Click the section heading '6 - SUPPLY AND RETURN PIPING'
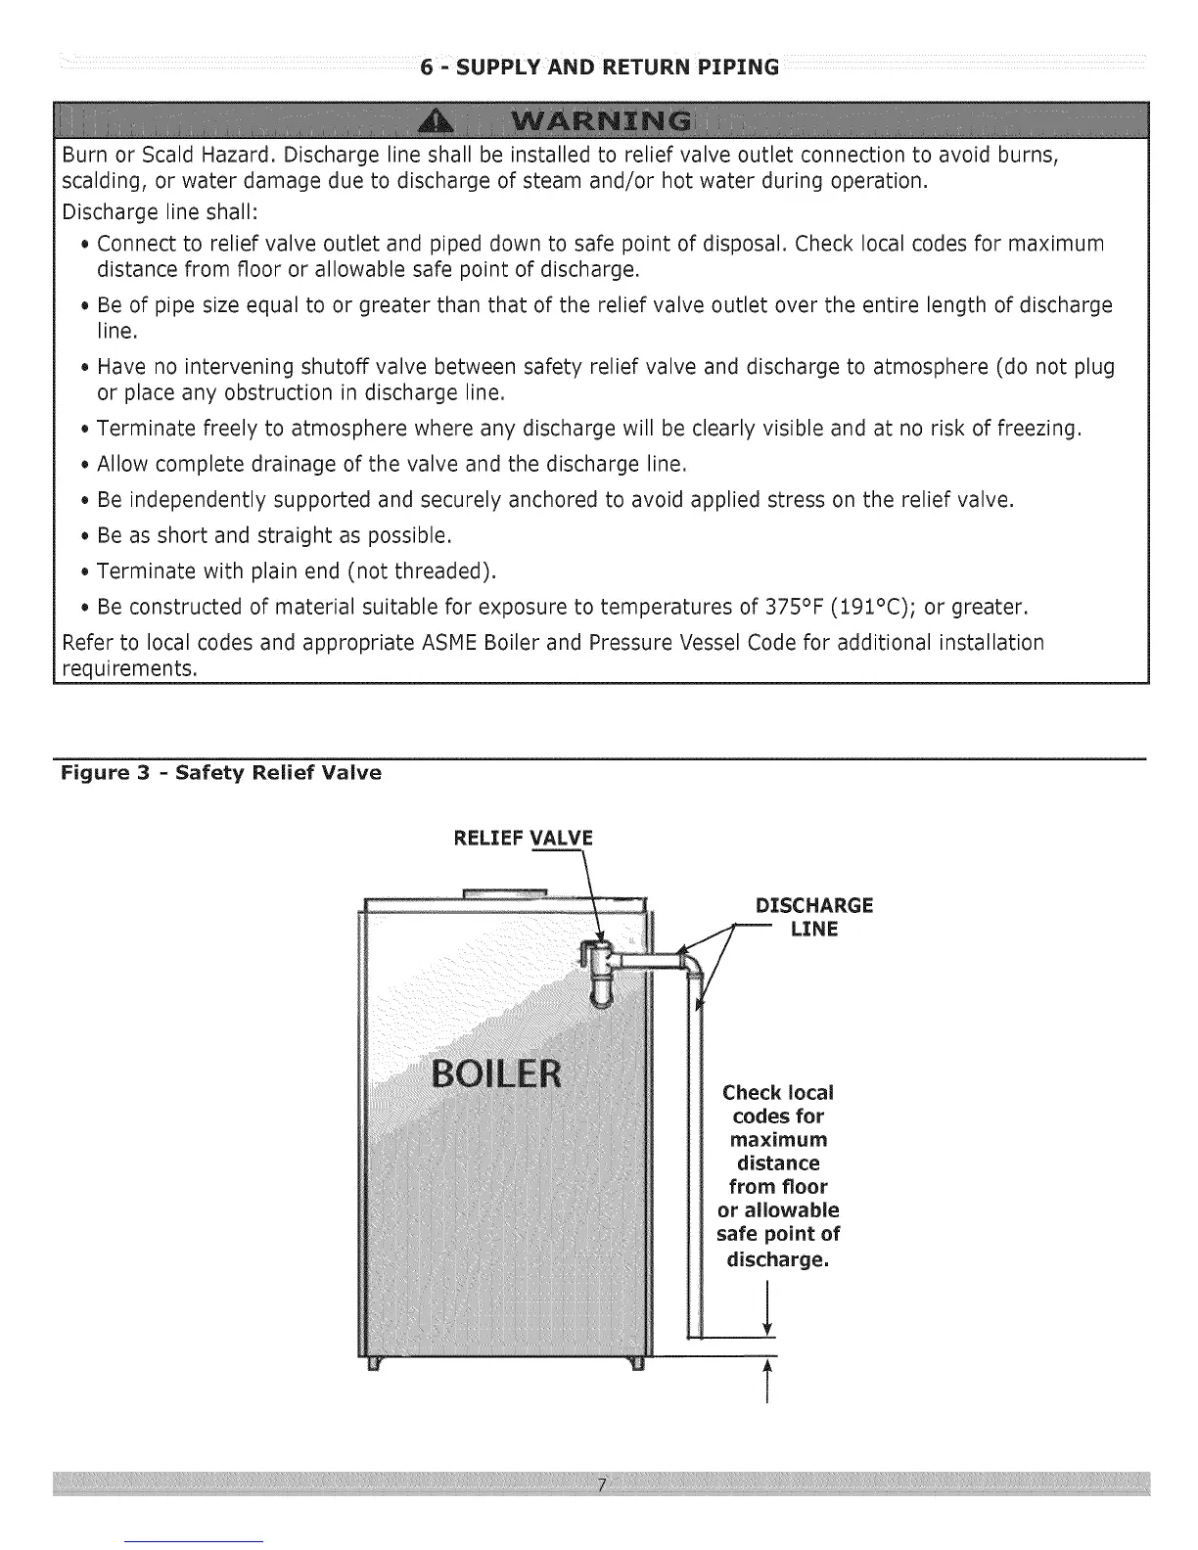[x=599, y=68]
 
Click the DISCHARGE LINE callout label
[x=813, y=917]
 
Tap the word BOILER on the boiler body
[x=497, y=1073]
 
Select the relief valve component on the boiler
[x=597, y=970]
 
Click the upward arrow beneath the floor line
[x=766, y=1378]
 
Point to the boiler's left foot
[x=372, y=1364]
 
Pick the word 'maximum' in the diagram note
[x=778, y=1140]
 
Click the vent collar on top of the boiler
[x=506, y=891]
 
